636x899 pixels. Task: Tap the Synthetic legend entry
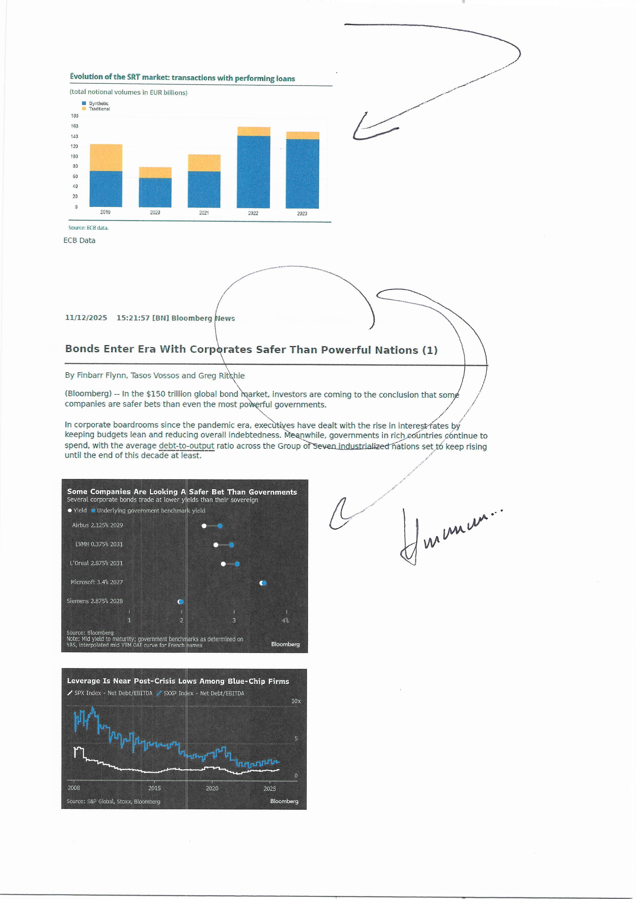98,103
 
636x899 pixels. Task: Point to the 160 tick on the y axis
74,126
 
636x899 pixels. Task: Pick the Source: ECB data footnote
88,228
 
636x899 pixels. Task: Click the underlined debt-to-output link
186,446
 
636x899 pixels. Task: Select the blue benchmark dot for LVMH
232,545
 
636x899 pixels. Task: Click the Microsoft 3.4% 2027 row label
97,582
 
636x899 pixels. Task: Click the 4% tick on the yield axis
285,620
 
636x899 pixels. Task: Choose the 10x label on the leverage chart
296,701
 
